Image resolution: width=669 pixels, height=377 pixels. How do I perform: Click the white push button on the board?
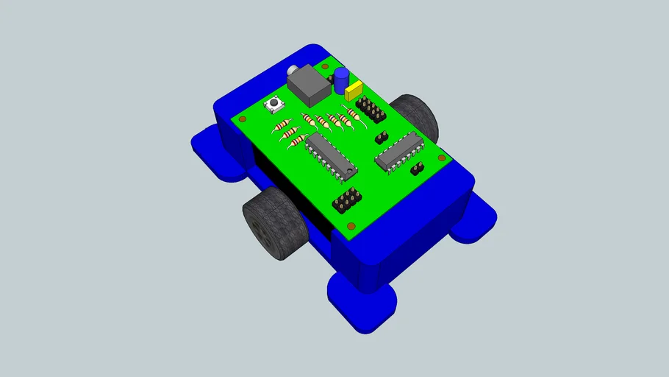click(275, 106)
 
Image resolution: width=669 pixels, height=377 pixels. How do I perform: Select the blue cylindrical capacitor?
click(341, 80)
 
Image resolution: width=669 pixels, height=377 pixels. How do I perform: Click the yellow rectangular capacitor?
click(355, 91)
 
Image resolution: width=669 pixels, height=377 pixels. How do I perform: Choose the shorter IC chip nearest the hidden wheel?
click(399, 151)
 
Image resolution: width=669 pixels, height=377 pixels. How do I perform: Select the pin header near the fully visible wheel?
click(348, 200)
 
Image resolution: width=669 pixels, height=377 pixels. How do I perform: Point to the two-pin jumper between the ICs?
click(382, 137)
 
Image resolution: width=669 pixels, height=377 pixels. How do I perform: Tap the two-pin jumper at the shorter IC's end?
click(416, 169)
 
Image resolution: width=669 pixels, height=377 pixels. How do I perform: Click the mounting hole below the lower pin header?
click(351, 225)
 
